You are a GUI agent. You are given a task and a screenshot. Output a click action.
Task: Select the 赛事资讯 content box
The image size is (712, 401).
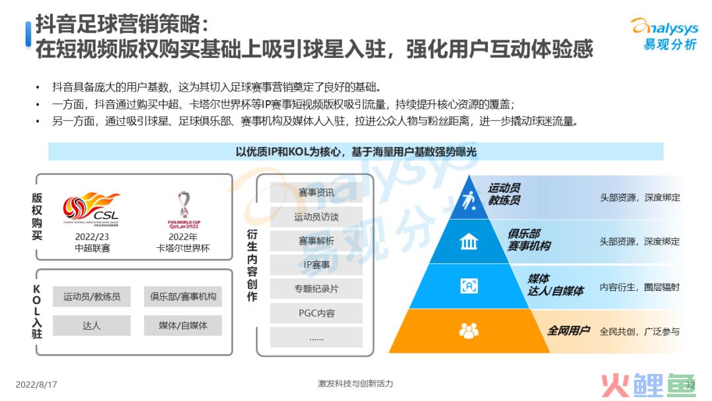316,193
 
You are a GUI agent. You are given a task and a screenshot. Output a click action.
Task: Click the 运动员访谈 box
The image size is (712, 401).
316,216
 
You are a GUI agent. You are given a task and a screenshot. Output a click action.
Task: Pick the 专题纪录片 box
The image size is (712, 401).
316,288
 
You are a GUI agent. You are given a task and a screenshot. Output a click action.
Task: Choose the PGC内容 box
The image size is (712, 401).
316,313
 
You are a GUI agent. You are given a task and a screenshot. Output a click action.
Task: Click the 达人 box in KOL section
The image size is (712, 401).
92,326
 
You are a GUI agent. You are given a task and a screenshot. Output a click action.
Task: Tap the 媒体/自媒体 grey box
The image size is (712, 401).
183,326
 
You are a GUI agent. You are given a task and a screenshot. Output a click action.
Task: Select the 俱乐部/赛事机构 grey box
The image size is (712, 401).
183,297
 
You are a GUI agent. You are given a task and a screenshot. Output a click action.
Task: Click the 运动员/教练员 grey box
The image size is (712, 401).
92,297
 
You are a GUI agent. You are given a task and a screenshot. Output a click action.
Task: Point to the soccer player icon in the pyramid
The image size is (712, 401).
469,200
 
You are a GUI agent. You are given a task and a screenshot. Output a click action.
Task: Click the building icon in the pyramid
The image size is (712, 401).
469,241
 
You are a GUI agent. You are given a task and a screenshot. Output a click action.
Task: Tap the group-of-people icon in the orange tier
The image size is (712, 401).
469,330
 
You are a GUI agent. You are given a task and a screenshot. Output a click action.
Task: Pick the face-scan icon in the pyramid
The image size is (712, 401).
469,286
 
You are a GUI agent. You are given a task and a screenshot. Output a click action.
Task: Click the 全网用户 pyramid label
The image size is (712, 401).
568,330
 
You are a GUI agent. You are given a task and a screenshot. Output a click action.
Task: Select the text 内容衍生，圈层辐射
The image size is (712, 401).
639,287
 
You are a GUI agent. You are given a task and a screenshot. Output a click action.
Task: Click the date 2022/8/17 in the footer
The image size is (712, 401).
36,385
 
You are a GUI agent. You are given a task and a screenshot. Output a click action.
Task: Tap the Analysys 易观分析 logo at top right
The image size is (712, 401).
665,34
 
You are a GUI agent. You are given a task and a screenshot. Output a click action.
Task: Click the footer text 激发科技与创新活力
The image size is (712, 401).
355,383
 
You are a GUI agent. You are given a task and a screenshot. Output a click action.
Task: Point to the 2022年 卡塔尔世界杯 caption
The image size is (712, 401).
183,243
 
